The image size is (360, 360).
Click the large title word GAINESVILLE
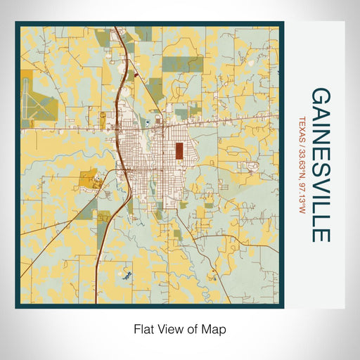coord(320,165)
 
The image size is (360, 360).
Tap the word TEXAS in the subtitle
coord(302,129)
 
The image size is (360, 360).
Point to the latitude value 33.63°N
coord(302,162)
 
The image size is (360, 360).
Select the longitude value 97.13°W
coord(302,196)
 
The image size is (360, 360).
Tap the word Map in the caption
coord(217,328)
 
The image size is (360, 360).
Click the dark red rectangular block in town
coord(180,150)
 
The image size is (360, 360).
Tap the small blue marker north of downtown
coord(148,123)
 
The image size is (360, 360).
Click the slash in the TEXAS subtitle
coord(302,145)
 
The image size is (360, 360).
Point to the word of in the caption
coord(197,328)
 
